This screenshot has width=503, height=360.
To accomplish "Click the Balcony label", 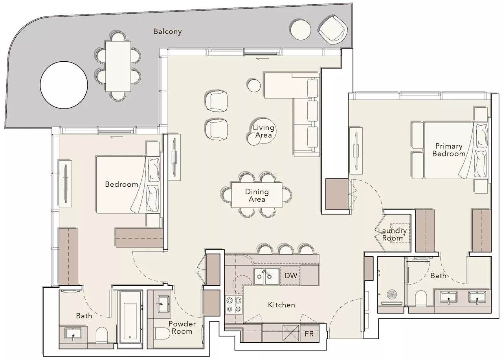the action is [167, 32].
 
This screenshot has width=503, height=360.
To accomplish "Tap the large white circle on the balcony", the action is [64, 85].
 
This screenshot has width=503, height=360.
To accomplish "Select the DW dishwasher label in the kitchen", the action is [291, 276].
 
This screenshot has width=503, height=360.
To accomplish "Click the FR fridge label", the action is [309, 334].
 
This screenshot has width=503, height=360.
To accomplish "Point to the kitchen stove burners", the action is [234, 305].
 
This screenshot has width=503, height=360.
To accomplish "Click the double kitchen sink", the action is [266, 276].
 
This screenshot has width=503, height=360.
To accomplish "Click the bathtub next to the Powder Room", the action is [130, 320].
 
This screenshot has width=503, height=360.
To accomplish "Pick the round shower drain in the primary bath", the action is [392, 294].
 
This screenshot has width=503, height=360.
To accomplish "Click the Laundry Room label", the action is [393, 235].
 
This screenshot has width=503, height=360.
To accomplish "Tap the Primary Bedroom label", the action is [449, 150].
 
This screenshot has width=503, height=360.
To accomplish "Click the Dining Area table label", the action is [257, 195].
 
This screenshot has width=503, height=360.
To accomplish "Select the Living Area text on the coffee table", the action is [263, 131].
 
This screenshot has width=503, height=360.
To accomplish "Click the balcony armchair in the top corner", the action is [333, 29].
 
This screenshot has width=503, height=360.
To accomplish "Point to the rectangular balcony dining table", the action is [118, 66].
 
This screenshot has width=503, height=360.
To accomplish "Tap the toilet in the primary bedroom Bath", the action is [421, 298].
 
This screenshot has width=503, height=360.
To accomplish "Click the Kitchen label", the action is [281, 305].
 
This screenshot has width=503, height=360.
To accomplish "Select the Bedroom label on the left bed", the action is [121, 184].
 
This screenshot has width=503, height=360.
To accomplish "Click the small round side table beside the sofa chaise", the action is [254, 85].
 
